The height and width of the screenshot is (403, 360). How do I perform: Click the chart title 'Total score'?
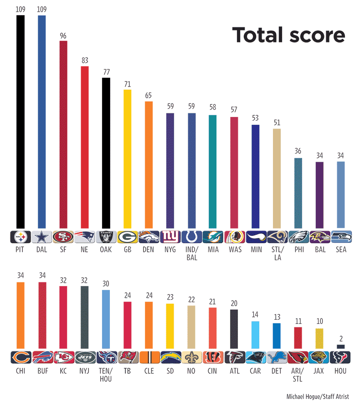pos(288,35)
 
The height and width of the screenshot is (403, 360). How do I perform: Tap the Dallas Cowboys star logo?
pos(42,237)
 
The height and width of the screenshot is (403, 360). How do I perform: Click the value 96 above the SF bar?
pos(63,35)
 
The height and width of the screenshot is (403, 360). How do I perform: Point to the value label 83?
pos(84,61)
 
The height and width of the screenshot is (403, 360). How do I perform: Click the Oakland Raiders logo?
pos(106,237)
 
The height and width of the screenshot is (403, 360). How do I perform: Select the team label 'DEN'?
pos(149,250)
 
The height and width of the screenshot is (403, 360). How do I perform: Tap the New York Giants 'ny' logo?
pos(170,237)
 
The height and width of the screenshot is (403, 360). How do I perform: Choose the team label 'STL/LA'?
pos(277,253)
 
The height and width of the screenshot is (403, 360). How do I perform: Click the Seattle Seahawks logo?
pos(340,237)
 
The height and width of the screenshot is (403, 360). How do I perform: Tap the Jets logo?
pos(84,357)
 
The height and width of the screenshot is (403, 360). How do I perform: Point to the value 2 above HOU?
pos(340,339)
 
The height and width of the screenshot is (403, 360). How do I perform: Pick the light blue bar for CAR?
pos(255,335)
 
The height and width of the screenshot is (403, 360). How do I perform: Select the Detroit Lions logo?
pos(277,357)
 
